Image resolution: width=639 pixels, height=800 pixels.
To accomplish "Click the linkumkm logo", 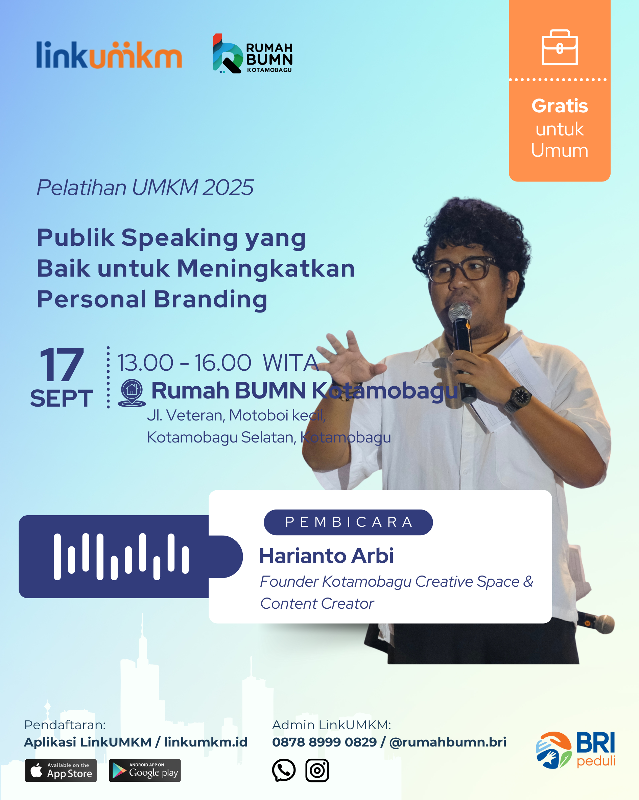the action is click(109, 55).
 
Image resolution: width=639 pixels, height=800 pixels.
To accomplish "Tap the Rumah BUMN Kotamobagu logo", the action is click(253, 53).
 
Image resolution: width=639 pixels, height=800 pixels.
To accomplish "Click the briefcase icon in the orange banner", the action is click(559, 47).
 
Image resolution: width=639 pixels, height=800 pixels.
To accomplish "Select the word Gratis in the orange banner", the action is click(559, 106).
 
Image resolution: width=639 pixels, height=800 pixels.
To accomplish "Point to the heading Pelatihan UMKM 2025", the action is click(145, 187).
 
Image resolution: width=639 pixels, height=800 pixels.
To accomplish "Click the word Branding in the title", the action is click(211, 299).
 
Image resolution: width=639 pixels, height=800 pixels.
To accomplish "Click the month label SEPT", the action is click(62, 398).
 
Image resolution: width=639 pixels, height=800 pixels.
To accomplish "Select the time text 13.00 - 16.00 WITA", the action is click(218, 363).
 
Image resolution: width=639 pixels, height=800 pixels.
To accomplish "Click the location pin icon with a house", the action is click(132, 393).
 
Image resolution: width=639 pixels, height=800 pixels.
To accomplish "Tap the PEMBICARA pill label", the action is click(348, 522).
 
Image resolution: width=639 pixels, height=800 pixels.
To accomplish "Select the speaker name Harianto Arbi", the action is click(326, 556).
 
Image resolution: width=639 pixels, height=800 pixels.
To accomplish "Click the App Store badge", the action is click(61, 770).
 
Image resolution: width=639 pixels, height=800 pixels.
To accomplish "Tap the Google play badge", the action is click(145, 770).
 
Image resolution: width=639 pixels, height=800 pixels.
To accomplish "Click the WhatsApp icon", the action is click(284, 770).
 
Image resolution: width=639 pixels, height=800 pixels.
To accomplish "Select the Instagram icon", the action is click(317, 770).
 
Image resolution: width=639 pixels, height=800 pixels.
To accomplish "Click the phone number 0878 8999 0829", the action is click(324, 742).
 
